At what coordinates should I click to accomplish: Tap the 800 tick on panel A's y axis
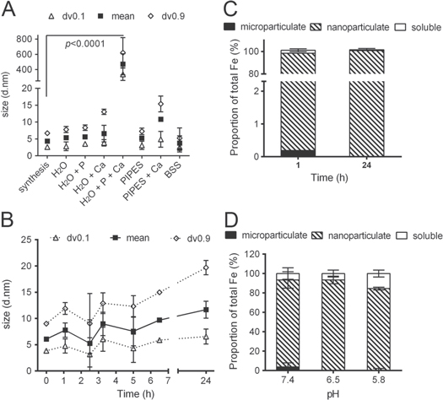click(x=32, y=39)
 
